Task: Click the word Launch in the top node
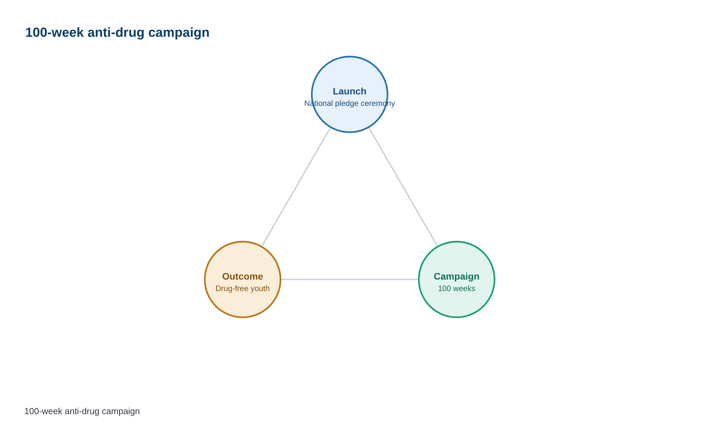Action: [350, 91]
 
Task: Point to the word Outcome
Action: [243, 277]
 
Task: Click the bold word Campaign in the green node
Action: [457, 277]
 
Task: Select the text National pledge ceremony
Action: [350, 104]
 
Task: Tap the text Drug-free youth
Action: [243, 289]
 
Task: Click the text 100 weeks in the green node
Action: [457, 289]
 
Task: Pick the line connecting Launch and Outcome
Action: [296, 187]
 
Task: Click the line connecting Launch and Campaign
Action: [403, 187]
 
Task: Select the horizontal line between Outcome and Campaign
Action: [350, 280]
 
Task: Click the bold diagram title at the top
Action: [117, 33]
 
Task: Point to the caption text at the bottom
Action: [82, 411]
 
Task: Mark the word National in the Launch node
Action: [319, 103]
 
